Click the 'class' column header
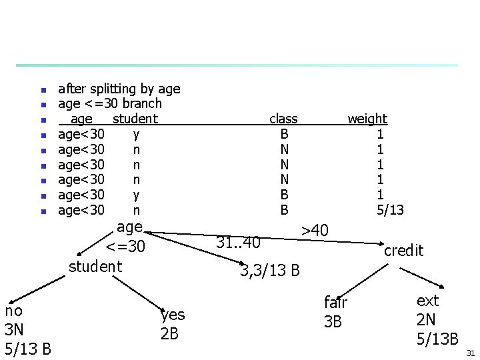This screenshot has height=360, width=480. pos(283,119)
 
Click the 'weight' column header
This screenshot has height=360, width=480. pos(367,119)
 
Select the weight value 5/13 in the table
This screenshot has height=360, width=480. pos(390,211)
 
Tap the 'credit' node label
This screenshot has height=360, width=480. pos(403,251)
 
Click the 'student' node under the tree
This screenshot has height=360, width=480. pos(96,267)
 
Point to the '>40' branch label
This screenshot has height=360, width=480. pos(315,231)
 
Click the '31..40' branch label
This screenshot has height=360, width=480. pos(238,243)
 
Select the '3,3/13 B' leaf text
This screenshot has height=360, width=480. pos(270,271)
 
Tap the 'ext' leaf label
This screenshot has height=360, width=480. pos(427,301)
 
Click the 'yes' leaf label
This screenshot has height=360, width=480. pos(173,315)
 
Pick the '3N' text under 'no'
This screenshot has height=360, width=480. pos(15,329)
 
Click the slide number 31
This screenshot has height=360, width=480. pos(470,352)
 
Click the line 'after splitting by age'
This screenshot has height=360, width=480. pos(119,89)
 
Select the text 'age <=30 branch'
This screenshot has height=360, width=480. pos(110,103)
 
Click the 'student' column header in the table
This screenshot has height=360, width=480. pos(135,119)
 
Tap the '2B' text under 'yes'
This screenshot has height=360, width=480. pos(169,333)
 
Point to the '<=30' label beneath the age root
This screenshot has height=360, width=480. pos(125,247)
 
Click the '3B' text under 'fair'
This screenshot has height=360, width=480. pos(333,322)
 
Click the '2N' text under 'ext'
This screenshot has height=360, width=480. pos(426,319)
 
